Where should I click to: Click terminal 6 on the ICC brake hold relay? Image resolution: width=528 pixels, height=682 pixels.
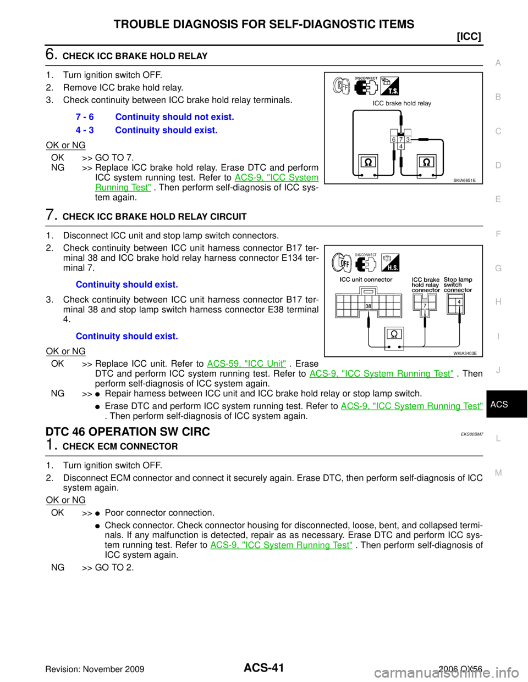coord(394,139)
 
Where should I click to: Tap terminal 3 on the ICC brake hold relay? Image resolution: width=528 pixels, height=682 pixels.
coord(408,139)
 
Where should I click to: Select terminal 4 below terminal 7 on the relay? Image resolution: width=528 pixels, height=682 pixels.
coord(401,147)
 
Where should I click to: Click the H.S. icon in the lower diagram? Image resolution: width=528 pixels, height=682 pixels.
coord(389,262)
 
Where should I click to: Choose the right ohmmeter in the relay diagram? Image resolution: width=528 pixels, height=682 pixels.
coord(427,163)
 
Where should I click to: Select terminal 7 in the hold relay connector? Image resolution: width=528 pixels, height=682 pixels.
coord(425,305)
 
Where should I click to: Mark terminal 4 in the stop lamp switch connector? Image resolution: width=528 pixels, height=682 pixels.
coord(459,301)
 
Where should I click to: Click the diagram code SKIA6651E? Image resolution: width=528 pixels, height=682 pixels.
coord(465,180)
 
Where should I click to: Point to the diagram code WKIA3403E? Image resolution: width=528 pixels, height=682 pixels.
coord(465,353)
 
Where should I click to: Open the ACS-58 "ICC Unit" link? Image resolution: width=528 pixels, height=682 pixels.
coord(246,363)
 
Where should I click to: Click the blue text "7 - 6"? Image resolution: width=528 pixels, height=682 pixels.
coord(85,117)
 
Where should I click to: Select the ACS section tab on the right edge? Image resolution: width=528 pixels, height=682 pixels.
coord(499,404)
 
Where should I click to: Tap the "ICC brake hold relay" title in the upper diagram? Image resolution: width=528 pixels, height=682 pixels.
coord(402,103)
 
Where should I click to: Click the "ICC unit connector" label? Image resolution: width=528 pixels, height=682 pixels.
coord(366,279)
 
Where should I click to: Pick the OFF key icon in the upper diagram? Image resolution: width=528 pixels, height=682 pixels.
coord(342,86)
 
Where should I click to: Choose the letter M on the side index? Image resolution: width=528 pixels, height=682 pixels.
coord(498,472)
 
